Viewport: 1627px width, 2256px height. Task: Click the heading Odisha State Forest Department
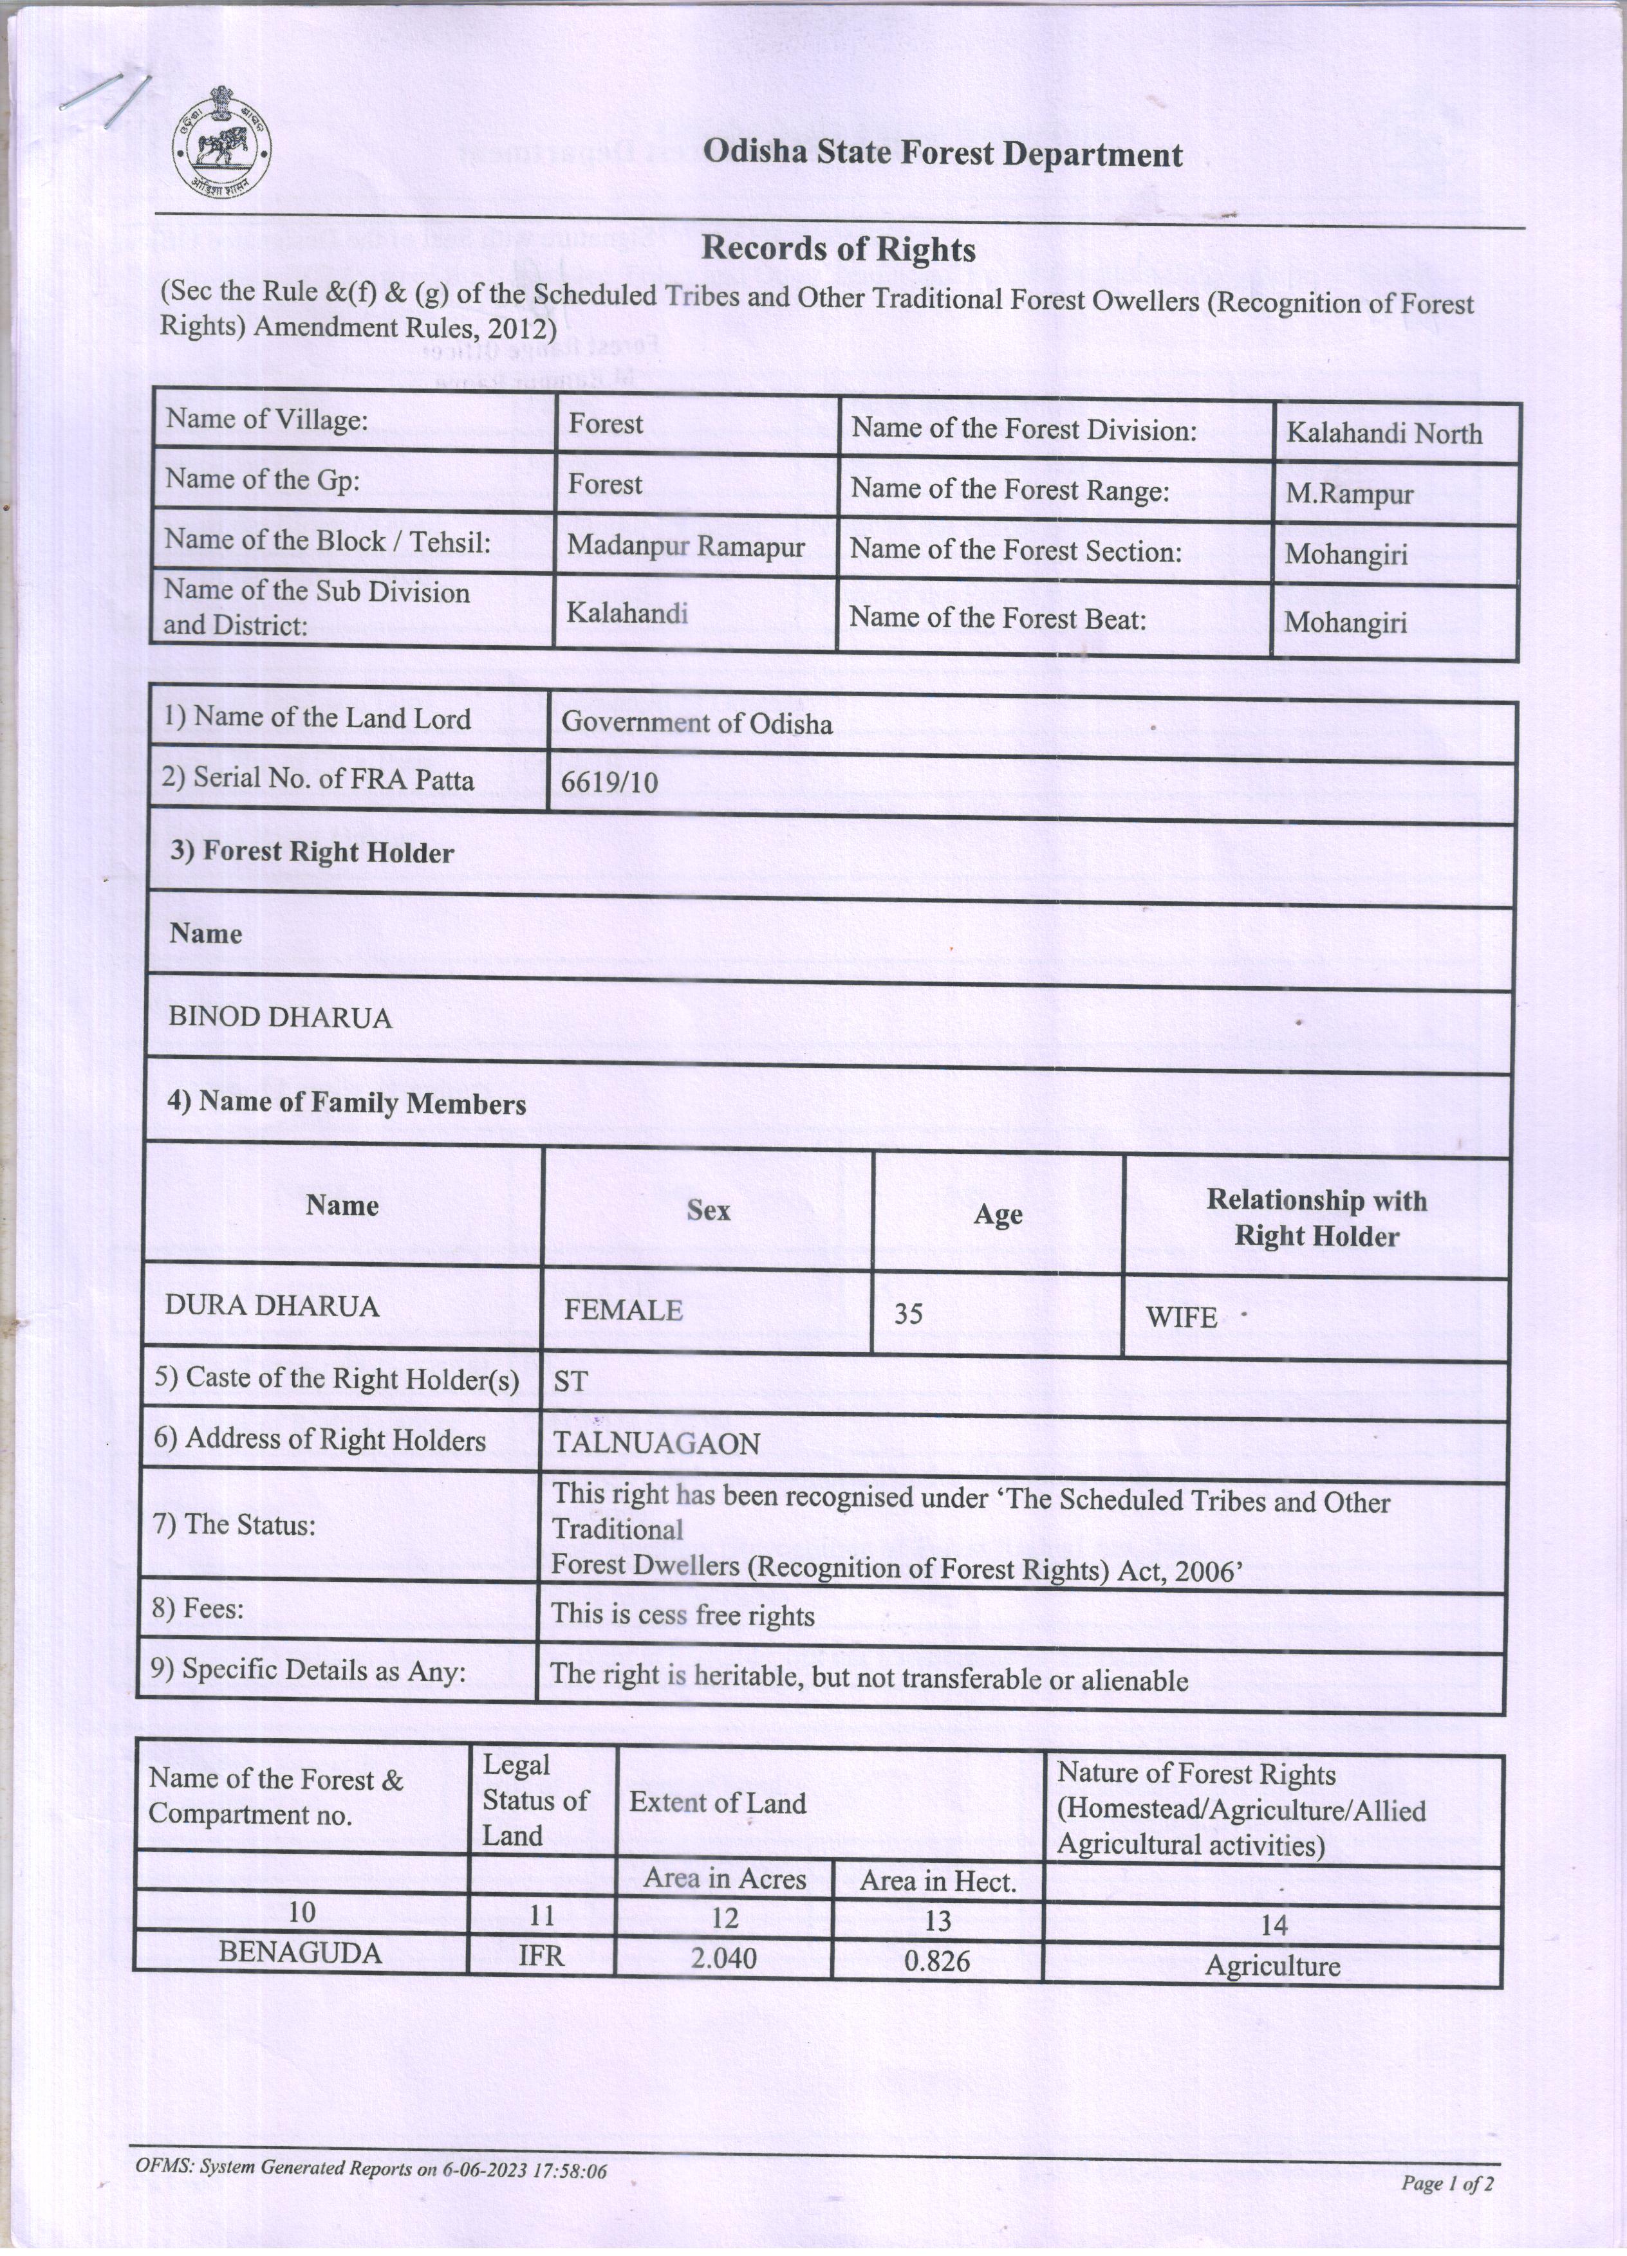click(x=942, y=154)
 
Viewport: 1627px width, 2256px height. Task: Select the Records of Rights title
click(x=838, y=249)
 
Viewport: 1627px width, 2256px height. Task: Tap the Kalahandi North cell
click(x=1383, y=434)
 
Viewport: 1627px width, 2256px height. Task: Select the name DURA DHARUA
click(x=272, y=1306)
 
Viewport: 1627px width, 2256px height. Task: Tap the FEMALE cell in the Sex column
click(x=623, y=1310)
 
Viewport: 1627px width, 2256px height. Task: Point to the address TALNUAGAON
click(x=656, y=1444)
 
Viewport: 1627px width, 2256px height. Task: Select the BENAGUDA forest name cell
click(x=301, y=1952)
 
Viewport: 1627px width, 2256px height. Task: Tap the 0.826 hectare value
click(x=936, y=1961)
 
